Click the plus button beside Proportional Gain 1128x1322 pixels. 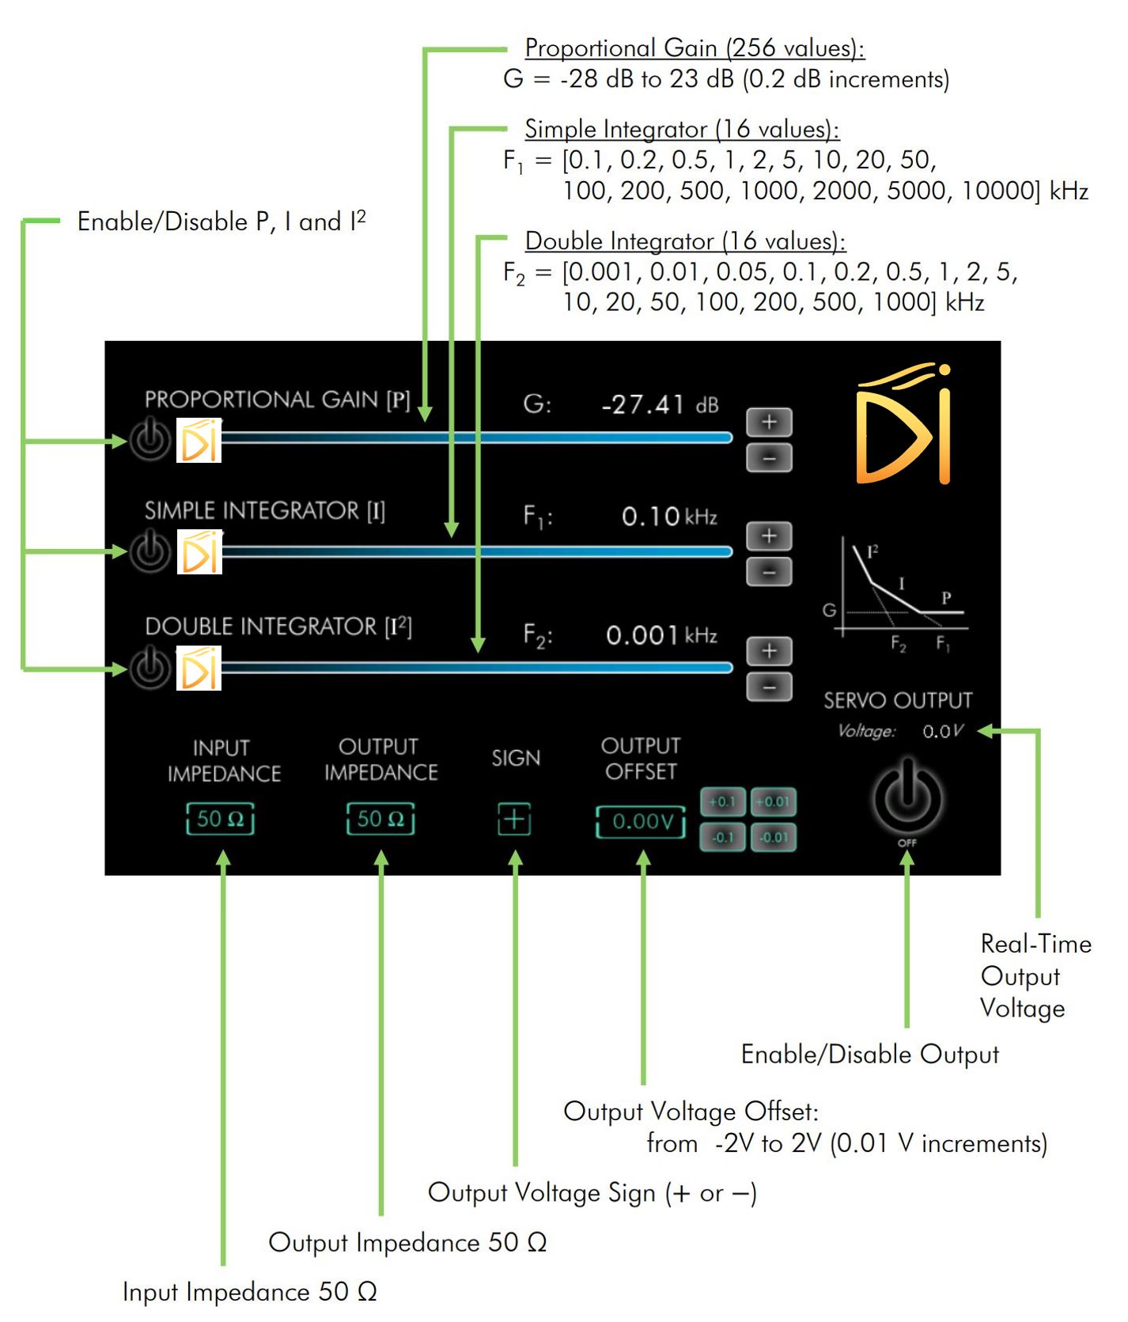769,422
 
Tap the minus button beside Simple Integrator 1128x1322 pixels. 769,571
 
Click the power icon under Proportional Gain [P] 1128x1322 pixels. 150,440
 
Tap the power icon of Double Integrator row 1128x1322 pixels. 150,669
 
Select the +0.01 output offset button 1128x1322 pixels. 773,801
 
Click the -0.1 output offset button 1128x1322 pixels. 722,837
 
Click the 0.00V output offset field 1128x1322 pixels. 642,821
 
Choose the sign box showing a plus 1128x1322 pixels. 514,819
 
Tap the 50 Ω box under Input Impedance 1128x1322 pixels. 221,819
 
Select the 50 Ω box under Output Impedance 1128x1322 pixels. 380,819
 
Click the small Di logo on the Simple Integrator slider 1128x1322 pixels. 199,552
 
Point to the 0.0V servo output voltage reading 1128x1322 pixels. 942,731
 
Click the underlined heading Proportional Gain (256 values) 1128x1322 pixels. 695,48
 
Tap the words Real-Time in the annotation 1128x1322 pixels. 1035,943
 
